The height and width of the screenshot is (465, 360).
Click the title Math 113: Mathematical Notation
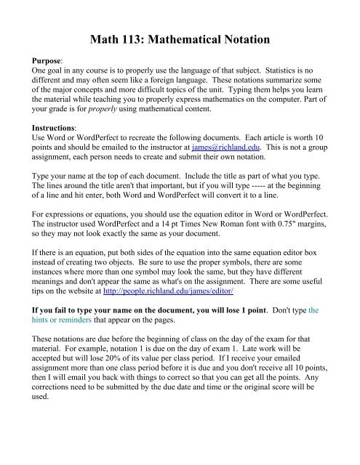180,33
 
